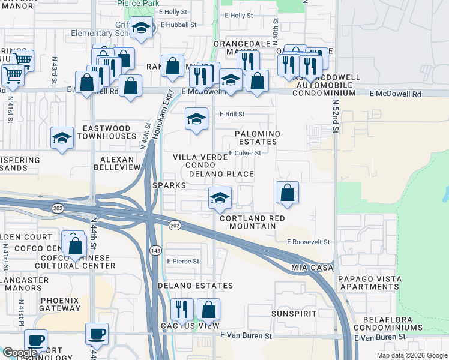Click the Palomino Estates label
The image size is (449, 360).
pyautogui.click(x=256, y=137)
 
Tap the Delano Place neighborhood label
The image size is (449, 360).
pyautogui.click(x=221, y=174)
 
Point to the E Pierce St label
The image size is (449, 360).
pyautogui.click(x=183, y=261)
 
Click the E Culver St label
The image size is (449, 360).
pyautogui.click(x=244, y=153)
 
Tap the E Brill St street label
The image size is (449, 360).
pyautogui.click(x=232, y=114)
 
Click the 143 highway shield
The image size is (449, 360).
pyautogui.click(x=155, y=250)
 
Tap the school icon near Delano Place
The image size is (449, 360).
pyautogui.click(x=220, y=197)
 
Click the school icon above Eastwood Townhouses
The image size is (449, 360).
pyautogui.click(x=61, y=139)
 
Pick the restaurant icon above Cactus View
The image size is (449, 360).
pyautogui.click(x=182, y=310)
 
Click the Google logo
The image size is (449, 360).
pyautogui.click(x=19, y=353)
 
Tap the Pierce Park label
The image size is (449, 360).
pyautogui.click(x=137, y=3)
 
